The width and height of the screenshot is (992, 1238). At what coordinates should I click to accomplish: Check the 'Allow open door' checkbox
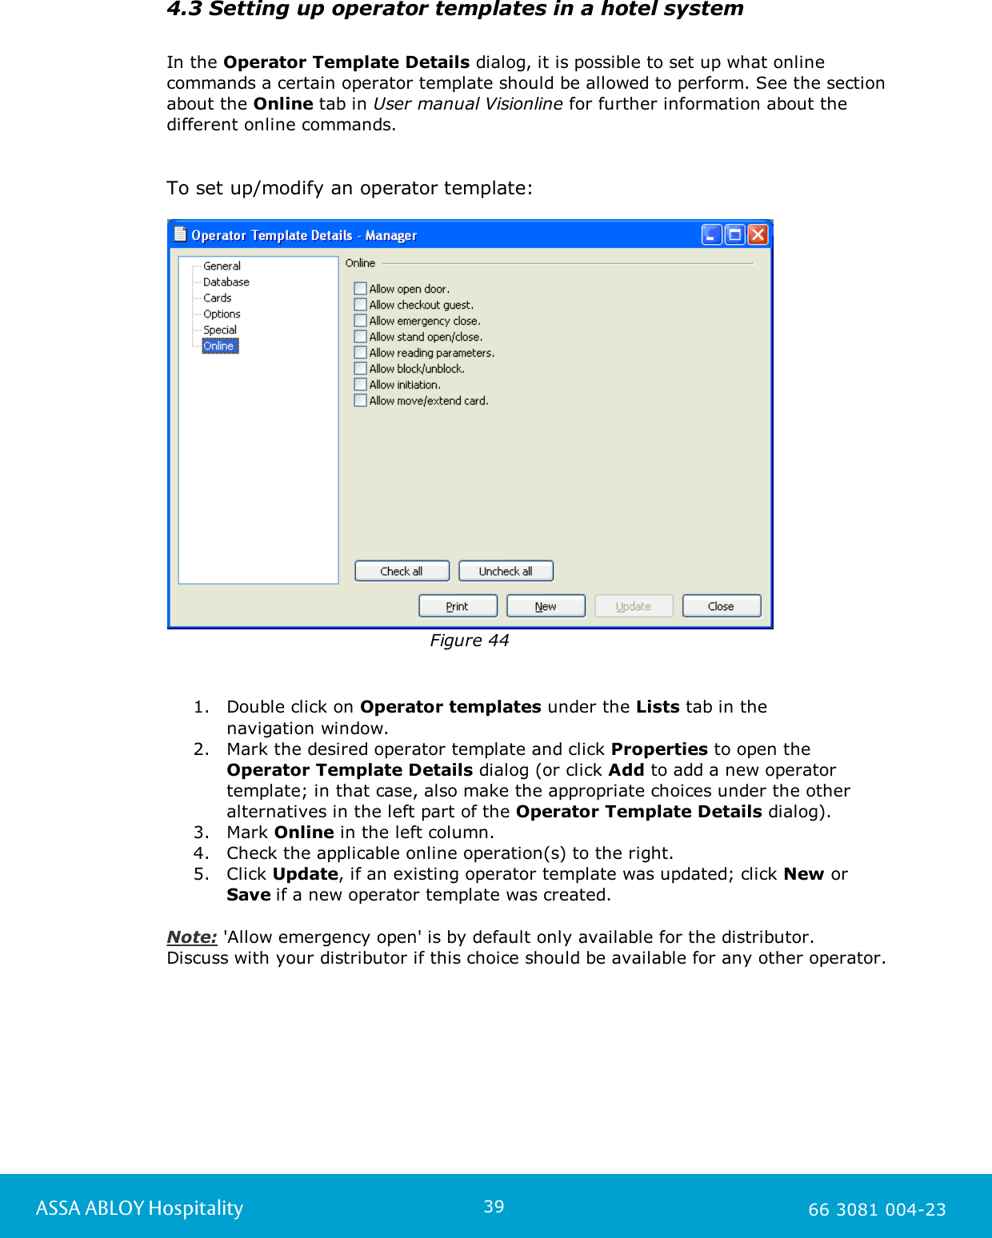pos(361,289)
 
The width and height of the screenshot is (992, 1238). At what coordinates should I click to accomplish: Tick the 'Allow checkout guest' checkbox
pos(361,305)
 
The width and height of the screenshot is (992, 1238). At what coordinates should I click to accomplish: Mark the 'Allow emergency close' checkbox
pos(361,321)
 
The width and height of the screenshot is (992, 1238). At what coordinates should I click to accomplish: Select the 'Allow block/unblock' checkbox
pos(361,369)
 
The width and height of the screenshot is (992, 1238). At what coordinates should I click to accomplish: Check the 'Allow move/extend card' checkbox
pos(361,401)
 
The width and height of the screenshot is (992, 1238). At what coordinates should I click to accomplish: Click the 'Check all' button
pos(402,571)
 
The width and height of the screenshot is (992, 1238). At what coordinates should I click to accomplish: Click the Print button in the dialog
pos(458,606)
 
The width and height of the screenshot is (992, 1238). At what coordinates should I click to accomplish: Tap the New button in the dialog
pos(546,606)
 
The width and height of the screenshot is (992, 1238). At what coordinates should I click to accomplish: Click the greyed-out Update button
pos(634,606)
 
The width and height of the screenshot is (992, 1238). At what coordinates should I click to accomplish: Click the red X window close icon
pos(758,234)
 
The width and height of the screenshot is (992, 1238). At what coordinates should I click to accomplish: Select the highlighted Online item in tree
pos(219,345)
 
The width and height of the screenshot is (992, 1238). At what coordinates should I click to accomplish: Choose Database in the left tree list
pos(226,282)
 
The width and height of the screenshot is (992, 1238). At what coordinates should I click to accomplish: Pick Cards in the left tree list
pos(217,298)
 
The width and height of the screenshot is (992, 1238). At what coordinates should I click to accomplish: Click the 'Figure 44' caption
pos(470,641)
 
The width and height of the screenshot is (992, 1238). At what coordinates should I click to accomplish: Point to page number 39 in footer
pos(494,1206)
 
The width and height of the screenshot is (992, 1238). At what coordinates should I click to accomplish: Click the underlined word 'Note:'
pos(192,936)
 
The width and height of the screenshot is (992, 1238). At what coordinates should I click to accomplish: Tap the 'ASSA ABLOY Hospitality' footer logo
pos(139,1208)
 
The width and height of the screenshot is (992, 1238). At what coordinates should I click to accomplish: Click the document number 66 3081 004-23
pos(877,1209)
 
